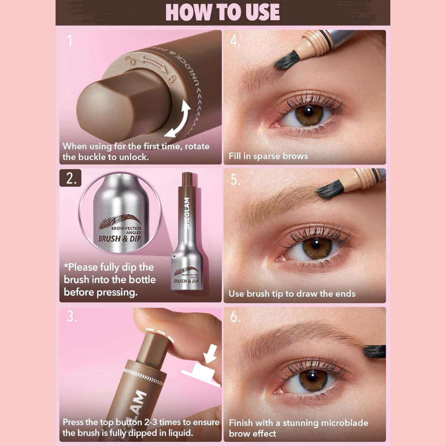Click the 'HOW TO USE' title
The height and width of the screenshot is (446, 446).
[223, 12]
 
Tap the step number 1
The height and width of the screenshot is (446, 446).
[70, 41]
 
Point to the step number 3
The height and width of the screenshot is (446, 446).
[71, 316]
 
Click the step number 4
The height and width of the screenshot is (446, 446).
[235, 41]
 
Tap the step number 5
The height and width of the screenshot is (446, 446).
[235, 180]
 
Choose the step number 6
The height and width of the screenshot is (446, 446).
[235, 316]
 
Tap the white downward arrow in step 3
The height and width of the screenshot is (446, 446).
[210, 354]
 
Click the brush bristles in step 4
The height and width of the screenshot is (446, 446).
[287, 60]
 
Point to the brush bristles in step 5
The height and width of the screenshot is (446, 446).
[330, 189]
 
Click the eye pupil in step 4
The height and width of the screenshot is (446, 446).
[308, 111]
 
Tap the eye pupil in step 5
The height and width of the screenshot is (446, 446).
[316, 244]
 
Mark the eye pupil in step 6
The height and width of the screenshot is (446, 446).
[312, 377]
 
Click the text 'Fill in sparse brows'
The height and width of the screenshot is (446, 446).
[268, 156]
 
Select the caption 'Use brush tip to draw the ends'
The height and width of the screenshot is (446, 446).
[292, 293]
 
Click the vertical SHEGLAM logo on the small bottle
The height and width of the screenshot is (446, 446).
[186, 213]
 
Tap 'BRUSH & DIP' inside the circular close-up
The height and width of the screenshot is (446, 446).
[120, 238]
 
